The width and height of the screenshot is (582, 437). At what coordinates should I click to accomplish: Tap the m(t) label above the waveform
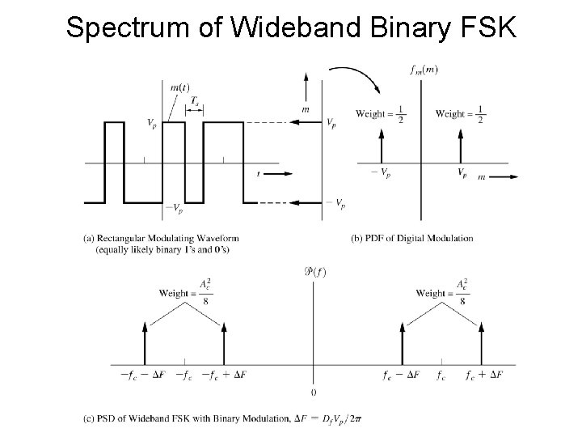(180, 87)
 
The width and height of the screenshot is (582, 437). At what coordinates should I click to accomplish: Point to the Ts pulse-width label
(195, 100)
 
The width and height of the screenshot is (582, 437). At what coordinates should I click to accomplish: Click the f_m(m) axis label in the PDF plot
(424, 70)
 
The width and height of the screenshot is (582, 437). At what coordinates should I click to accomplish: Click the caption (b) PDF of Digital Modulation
(412, 238)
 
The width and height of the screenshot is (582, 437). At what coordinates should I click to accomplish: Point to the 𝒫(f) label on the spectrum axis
(314, 271)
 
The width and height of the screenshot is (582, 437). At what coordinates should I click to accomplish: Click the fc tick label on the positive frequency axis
(441, 375)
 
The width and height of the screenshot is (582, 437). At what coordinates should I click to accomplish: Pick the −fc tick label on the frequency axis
(184, 375)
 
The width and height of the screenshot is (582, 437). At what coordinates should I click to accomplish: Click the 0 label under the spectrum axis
(314, 392)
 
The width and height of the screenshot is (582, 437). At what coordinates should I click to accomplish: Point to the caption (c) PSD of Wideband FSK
(226, 418)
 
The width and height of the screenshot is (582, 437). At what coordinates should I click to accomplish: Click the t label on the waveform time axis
(258, 173)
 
